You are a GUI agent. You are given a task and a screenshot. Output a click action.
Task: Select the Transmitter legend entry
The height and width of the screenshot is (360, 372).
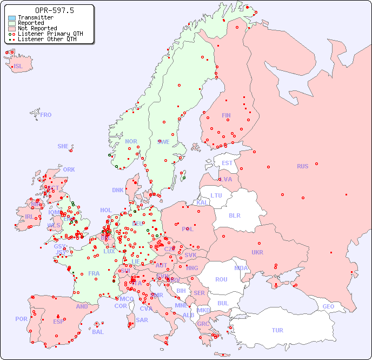pos(35,18)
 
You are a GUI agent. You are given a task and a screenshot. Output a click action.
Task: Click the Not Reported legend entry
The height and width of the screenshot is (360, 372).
pos(37,28)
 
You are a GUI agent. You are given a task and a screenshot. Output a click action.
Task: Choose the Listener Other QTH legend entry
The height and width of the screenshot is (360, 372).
pos(47,39)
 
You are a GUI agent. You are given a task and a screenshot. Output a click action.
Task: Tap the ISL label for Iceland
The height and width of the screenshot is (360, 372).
pos(18,67)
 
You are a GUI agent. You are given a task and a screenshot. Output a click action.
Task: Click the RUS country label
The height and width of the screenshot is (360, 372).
pos(302,166)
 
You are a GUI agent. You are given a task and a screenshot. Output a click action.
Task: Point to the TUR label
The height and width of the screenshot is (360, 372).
pos(277,330)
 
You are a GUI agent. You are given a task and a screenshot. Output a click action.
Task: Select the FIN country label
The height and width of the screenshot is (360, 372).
pos(226,115)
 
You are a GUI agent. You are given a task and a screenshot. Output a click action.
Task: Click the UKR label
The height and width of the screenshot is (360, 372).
pos(257,252)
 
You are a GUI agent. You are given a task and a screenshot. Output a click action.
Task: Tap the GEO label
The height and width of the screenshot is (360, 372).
pos(328,306)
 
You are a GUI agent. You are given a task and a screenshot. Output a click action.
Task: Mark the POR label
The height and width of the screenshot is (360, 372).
pos(21,319)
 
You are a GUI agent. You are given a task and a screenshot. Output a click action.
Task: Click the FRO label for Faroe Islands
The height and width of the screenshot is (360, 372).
pos(46,115)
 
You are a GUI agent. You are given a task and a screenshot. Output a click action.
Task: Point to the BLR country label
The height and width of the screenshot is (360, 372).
pos(234,215)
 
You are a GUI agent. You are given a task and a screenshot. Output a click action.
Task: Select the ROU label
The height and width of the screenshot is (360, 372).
pos(221,279)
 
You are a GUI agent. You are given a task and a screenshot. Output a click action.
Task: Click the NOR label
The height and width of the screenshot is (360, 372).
pos(131,141)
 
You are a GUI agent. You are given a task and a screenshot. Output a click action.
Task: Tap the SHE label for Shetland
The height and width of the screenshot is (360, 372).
pos(63,146)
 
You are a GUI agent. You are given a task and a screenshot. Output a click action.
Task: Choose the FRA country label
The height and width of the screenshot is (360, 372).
pos(94,273)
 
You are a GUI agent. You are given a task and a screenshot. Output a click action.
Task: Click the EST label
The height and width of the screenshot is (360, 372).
pos(227,163)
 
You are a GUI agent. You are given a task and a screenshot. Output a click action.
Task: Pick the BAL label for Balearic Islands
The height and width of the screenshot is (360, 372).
pos(98,332)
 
